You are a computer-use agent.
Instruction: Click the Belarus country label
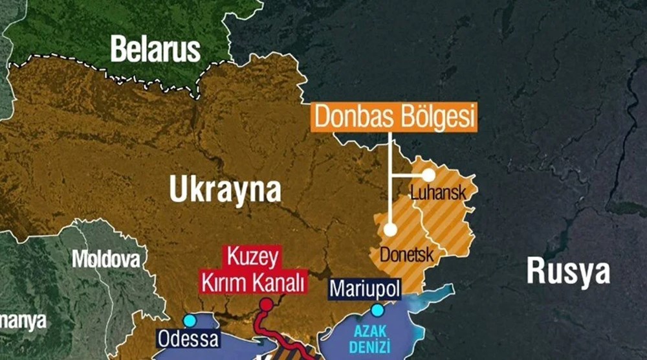coord(155,49)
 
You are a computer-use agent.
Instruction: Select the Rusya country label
coord(567,271)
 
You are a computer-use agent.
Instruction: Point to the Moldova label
coord(105,260)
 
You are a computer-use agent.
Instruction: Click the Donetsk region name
coord(406,254)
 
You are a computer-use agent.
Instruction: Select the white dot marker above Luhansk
coord(428,175)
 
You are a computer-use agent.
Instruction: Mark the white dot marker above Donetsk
coord(389,229)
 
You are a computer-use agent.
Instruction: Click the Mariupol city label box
coord(365,288)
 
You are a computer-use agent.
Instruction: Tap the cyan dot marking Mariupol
coord(377,310)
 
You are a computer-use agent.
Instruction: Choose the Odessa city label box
coord(188,339)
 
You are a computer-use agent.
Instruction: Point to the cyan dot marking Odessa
coord(189,321)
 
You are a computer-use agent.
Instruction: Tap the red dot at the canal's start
coord(266,304)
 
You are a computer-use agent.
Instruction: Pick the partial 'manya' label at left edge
coord(23,321)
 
